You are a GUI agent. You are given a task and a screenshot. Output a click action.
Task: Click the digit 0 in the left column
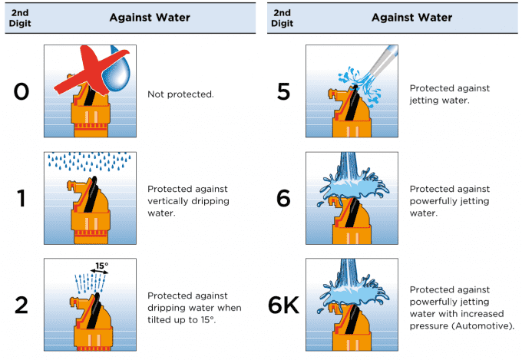[x=21, y=94]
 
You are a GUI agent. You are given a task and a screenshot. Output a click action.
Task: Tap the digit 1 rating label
[x=21, y=198]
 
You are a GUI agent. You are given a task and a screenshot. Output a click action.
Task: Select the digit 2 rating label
[x=21, y=305]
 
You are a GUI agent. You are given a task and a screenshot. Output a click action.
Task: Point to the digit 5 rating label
[x=283, y=94]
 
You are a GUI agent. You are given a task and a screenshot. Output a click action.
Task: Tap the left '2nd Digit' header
[x=21, y=17]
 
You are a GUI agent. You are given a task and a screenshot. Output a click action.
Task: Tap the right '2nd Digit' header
[x=282, y=17]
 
